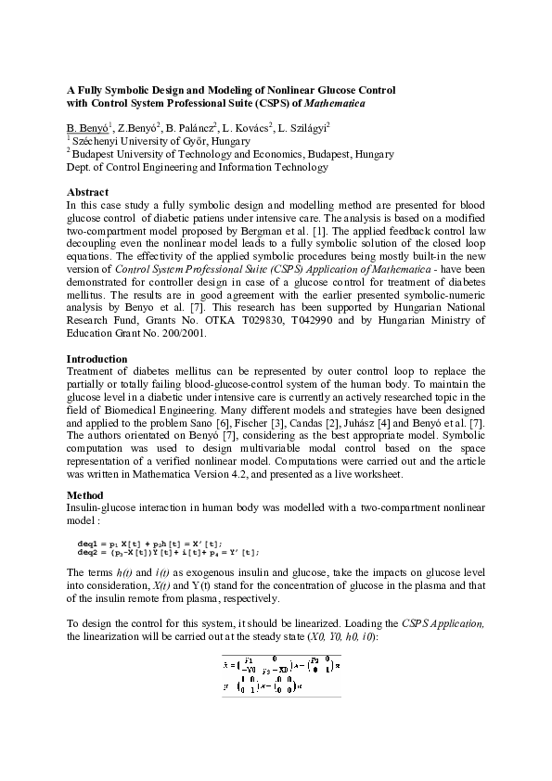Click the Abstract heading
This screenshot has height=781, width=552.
tap(88, 191)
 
